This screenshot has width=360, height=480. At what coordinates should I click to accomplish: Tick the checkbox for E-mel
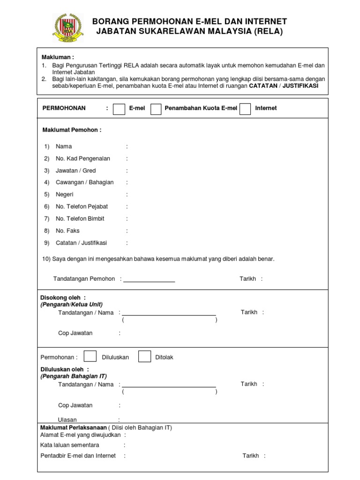coord(119,108)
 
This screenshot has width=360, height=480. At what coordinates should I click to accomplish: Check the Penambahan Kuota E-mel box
coord(156,108)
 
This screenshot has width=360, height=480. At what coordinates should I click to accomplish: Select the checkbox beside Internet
coord(245,108)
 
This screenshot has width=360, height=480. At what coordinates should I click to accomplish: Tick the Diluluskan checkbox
coord(90,356)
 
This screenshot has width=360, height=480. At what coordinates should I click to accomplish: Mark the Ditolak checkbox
coord(144,356)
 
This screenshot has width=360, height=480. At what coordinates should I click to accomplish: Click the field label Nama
coord(64,147)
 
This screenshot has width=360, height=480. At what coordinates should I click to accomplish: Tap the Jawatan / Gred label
coord(75,171)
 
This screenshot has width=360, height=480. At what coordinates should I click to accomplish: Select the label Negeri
coord(65,195)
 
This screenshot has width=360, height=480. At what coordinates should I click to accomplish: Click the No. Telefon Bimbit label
coord(80,219)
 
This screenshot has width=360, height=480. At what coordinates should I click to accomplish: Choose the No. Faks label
coord(67,231)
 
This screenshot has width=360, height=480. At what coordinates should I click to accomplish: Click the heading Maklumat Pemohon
coord(72,130)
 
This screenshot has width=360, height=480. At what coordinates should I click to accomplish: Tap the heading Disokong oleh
coord(63,298)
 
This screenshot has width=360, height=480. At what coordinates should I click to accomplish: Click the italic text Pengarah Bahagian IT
coord(74,376)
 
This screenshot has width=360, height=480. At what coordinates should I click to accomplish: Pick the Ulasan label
coord(67,420)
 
